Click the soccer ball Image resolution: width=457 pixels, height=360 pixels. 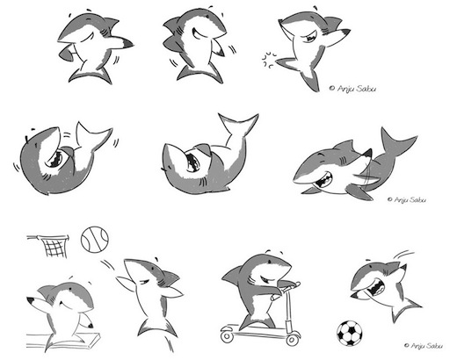[349, 334]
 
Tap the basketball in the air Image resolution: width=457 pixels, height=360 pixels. [95, 239]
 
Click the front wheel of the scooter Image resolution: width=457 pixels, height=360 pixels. [292, 338]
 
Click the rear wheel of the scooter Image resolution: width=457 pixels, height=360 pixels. [227, 336]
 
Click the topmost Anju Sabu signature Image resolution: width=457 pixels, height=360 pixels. [352, 88]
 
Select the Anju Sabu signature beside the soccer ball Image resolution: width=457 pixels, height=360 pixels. [424, 346]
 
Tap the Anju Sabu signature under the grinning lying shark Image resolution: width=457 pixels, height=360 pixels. [407, 200]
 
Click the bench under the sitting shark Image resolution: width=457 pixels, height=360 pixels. [63, 341]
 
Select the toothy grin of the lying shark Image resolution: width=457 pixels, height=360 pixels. [323, 182]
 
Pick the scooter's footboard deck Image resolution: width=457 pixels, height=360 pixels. [258, 329]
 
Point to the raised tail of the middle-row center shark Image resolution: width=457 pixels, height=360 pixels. [238, 126]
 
